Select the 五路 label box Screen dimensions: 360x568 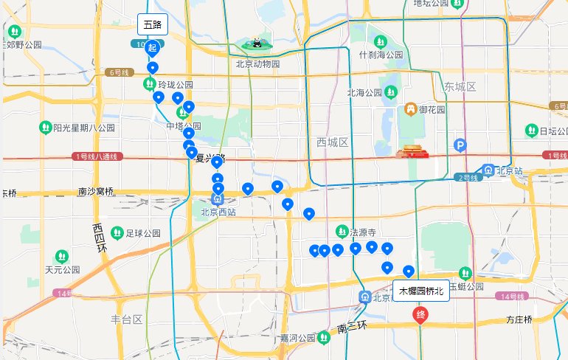152,24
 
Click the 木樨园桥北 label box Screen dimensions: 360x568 421,291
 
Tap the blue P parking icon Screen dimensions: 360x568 461,145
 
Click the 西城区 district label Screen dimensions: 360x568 331,141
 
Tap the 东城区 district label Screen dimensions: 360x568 460,87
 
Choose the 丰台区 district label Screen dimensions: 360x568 125,319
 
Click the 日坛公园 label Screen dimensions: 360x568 548,131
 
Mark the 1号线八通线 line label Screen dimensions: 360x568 97,156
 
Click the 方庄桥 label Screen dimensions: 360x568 519,320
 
